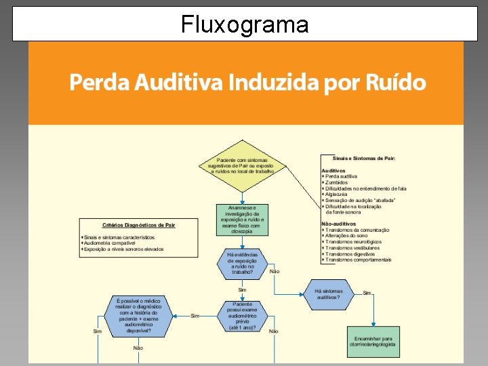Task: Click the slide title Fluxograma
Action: pos(245,25)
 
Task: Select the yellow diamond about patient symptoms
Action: pos(242,166)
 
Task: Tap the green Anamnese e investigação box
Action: pos(243,220)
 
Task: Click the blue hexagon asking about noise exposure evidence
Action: pos(242,264)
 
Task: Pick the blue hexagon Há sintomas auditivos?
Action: pos(329,294)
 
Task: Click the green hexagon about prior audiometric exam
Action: pos(243,316)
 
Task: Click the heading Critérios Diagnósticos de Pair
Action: pos(138,225)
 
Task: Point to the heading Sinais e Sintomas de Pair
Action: pos(365,158)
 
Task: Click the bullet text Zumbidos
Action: pos(336,182)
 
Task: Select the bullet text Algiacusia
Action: pos(338,195)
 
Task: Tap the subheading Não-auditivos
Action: pos(338,224)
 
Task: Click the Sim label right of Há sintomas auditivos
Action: pos(367,293)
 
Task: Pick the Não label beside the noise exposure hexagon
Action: pos(274,271)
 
